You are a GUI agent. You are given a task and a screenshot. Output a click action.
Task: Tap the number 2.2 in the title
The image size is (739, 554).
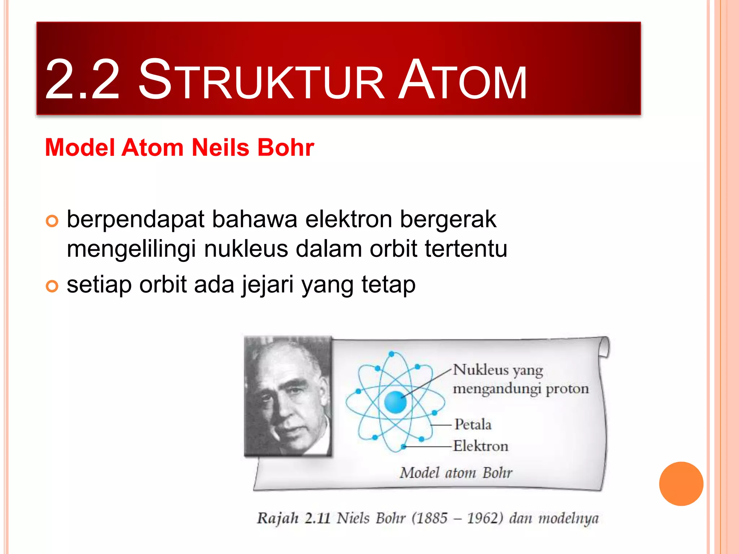point(82,80)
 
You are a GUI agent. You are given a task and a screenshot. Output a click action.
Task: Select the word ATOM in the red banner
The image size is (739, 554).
point(462,80)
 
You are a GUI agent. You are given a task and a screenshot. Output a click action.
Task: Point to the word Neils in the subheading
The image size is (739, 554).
point(220,148)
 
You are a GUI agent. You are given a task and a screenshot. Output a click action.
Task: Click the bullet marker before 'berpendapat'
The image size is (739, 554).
point(52,221)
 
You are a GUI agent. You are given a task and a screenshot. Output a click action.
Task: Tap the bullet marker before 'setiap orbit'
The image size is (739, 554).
point(52,286)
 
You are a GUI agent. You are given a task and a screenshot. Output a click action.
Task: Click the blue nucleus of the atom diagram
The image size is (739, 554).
point(395,402)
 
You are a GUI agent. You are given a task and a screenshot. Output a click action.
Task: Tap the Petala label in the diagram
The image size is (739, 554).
point(473,425)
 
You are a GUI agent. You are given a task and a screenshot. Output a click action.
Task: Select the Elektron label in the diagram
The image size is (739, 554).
point(481,446)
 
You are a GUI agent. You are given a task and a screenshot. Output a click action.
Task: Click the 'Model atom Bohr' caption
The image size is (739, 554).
point(456,472)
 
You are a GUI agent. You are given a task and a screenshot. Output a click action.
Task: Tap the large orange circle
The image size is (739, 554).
point(681,484)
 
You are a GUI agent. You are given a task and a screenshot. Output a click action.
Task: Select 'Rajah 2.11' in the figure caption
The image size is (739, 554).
point(293,518)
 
